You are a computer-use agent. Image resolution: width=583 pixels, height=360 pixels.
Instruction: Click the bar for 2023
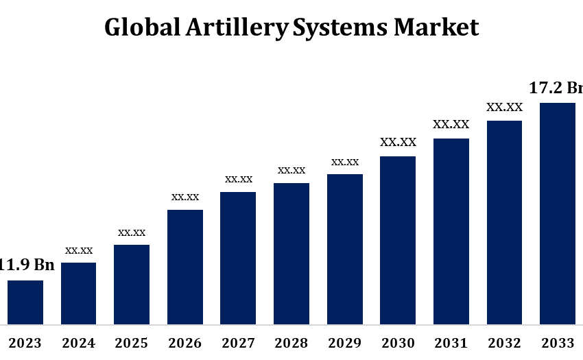click(x=25, y=302)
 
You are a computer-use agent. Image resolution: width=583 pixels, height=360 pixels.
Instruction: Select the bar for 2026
click(x=185, y=266)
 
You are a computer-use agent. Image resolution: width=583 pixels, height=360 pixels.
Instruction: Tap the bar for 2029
click(x=345, y=248)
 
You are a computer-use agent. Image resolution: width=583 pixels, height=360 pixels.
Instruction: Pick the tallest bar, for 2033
click(x=558, y=213)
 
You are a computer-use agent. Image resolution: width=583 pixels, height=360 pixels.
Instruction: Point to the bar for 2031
click(x=451, y=230)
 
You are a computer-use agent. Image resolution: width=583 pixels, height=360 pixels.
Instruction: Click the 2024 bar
click(x=79, y=293)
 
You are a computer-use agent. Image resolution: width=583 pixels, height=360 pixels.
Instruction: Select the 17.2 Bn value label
click(x=556, y=88)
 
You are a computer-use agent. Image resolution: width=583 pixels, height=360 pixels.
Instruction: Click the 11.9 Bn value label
click(x=27, y=265)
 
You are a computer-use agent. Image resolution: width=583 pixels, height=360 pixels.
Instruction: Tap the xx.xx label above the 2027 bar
click(x=239, y=179)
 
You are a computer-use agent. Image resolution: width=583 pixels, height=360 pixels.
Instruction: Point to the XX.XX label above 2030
click(x=398, y=143)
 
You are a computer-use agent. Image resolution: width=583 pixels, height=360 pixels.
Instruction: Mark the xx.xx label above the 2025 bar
click(x=132, y=232)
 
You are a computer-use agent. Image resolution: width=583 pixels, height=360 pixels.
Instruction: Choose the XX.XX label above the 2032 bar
click(x=505, y=107)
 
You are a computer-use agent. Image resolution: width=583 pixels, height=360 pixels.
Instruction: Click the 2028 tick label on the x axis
click(x=291, y=343)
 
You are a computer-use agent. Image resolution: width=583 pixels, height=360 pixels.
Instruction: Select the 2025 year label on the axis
click(x=132, y=343)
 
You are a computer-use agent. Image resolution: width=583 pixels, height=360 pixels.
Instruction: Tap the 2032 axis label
click(x=505, y=343)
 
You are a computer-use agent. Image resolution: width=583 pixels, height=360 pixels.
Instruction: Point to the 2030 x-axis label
click(x=398, y=343)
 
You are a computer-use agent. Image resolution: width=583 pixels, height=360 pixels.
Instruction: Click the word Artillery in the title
click(x=243, y=27)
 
